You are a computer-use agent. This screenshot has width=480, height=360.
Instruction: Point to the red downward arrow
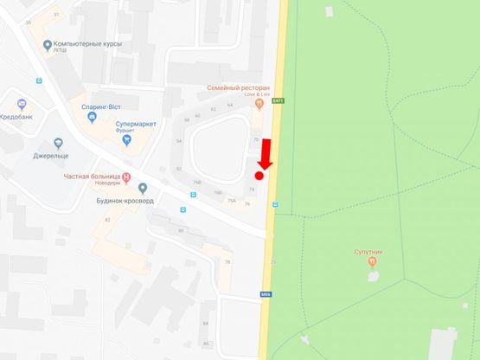coord(266,153)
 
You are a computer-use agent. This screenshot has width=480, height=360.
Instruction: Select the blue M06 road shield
coord(266,294)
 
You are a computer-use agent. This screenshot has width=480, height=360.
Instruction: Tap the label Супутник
coord(369,251)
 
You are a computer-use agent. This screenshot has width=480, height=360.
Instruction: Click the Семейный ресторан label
coord(239,87)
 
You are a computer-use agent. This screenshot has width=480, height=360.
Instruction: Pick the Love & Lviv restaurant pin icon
coord(259,104)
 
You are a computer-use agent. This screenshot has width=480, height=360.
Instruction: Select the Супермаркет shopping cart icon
coord(126,137)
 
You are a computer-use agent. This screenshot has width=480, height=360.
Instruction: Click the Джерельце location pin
coord(58,144)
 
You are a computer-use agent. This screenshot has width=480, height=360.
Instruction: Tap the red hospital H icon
coord(127,178)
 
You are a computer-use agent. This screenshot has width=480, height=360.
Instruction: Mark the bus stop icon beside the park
coord(275,205)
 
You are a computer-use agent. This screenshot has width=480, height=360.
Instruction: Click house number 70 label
coord(256,139)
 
